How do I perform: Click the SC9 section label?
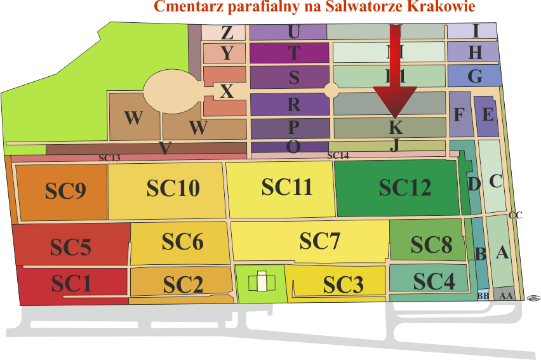click(x=65, y=191)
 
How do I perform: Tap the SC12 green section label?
click(x=405, y=188)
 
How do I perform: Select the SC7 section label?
click(x=320, y=241)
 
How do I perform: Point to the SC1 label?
click(x=72, y=283)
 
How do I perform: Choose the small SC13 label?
click(x=109, y=157)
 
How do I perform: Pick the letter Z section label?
click(x=227, y=33)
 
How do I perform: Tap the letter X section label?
click(x=227, y=92)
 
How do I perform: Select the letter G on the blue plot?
click(x=474, y=77)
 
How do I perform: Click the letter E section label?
click(x=488, y=115)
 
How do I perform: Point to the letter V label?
click(x=165, y=149)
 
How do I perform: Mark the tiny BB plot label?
click(x=483, y=296)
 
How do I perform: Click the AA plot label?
click(x=505, y=296)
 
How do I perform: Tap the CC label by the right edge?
click(x=515, y=216)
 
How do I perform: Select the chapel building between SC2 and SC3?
click(x=260, y=281)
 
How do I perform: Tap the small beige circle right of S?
click(x=331, y=90)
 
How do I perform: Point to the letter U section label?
click(x=293, y=31)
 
